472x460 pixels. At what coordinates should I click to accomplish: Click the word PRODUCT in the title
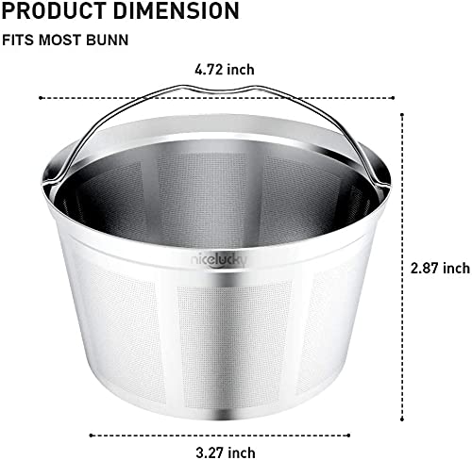(47, 12)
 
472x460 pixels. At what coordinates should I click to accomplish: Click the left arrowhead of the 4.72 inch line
(41, 95)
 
